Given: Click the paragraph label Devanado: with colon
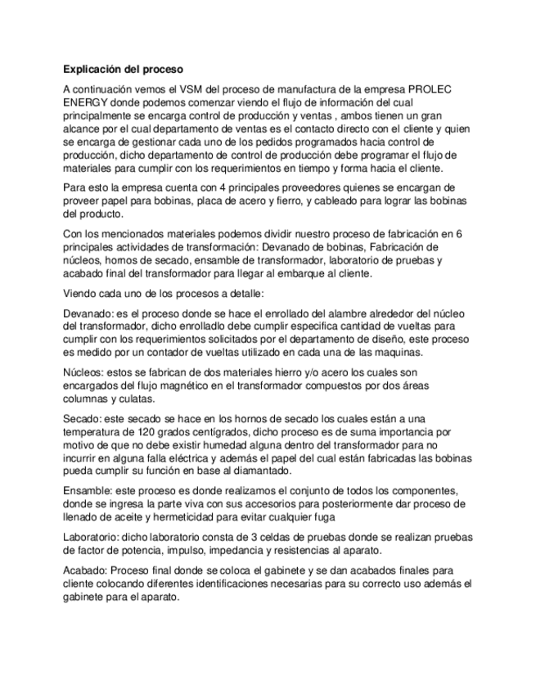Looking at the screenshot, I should pyautogui.click(x=88, y=313).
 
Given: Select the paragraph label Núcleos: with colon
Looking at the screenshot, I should pyautogui.click(x=84, y=372).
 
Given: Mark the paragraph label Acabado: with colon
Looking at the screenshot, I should pyautogui.click(x=85, y=570).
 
